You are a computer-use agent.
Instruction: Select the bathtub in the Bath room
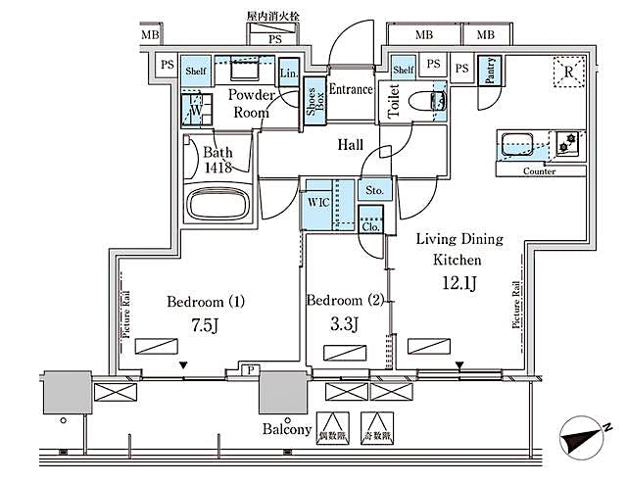coord(218,205)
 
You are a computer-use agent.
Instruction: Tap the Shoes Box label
coord(313,102)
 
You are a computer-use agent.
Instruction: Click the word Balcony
coord(287,429)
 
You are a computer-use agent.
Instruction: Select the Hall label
coord(350,145)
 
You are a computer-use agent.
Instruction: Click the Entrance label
coord(350,90)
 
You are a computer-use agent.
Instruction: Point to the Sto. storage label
coord(374,190)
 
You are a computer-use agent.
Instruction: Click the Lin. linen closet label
coord(289,73)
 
